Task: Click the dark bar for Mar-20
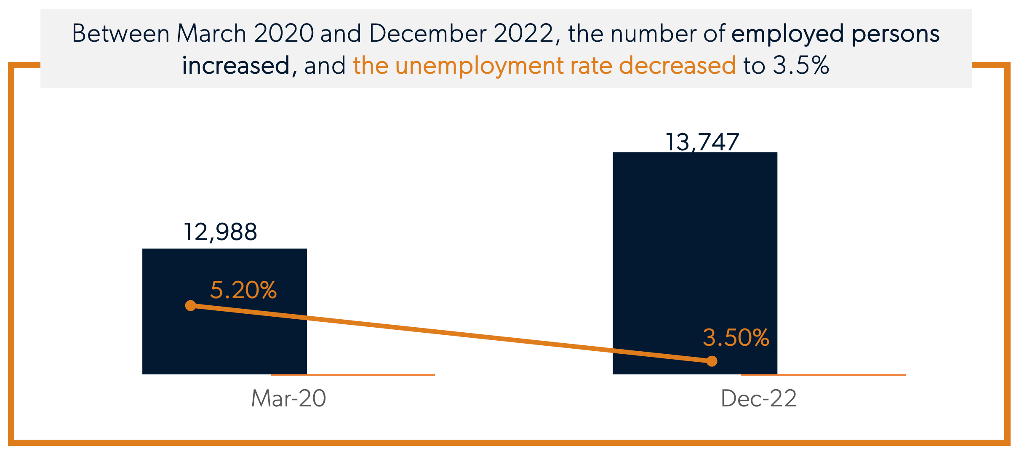(x=224, y=337)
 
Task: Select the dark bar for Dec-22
(x=695, y=253)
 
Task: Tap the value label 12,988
(x=220, y=232)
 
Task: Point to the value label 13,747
(x=702, y=142)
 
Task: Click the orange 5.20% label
(x=243, y=290)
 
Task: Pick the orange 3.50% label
(x=736, y=338)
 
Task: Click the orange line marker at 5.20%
(x=191, y=305)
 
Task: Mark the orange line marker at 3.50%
(x=712, y=361)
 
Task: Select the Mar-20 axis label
(x=288, y=398)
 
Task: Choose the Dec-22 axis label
(x=759, y=398)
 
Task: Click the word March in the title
(x=211, y=33)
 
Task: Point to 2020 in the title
(x=284, y=33)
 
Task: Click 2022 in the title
(x=523, y=33)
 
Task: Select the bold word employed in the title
(x=787, y=34)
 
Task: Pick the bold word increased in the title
(x=236, y=66)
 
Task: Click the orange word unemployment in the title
(x=479, y=66)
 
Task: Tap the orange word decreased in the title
(x=677, y=66)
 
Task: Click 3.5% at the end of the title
(x=801, y=66)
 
